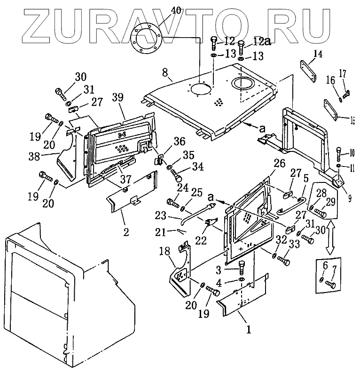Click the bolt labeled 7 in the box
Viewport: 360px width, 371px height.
point(330,284)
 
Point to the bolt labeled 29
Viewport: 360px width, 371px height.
point(320,213)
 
